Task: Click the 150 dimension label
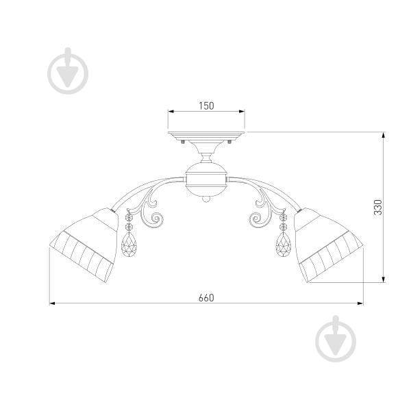coord(206,106)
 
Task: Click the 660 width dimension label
coord(206,298)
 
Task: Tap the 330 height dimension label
coord(378,207)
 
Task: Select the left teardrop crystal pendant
coord(129,245)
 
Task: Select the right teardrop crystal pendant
coord(284,245)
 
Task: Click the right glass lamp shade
coord(327,245)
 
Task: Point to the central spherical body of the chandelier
coord(206,179)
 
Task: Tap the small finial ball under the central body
coord(206,199)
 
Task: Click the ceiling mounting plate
coord(206,136)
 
